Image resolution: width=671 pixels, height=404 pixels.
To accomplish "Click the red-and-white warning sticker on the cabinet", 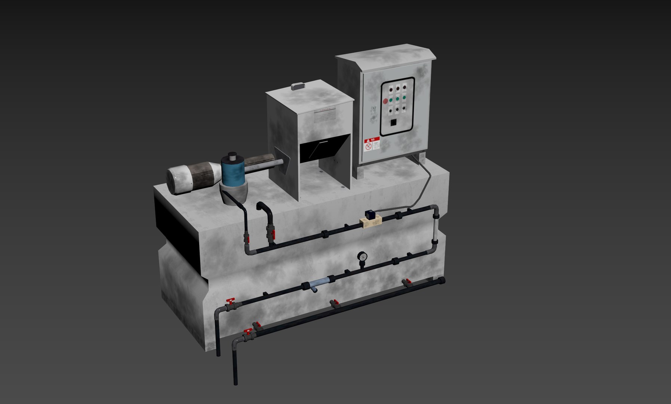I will pyautogui.click(x=372, y=144).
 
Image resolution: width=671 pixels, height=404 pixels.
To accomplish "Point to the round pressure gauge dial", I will pyautogui.click(x=362, y=257).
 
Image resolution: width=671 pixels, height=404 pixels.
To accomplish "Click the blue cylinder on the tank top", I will pyautogui.click(x=233, y=172).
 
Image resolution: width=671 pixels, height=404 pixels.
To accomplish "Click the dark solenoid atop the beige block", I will pyautogui.click(x=371, y=215).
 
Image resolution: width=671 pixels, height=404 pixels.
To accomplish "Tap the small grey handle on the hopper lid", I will pyautogui.click(x=298, y=86).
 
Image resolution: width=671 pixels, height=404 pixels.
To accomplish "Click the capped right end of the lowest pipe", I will pyautogui.click(x=443, y=281).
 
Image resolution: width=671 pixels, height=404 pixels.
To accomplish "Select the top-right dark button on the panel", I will pyautogui.click(x=404, y=88).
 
